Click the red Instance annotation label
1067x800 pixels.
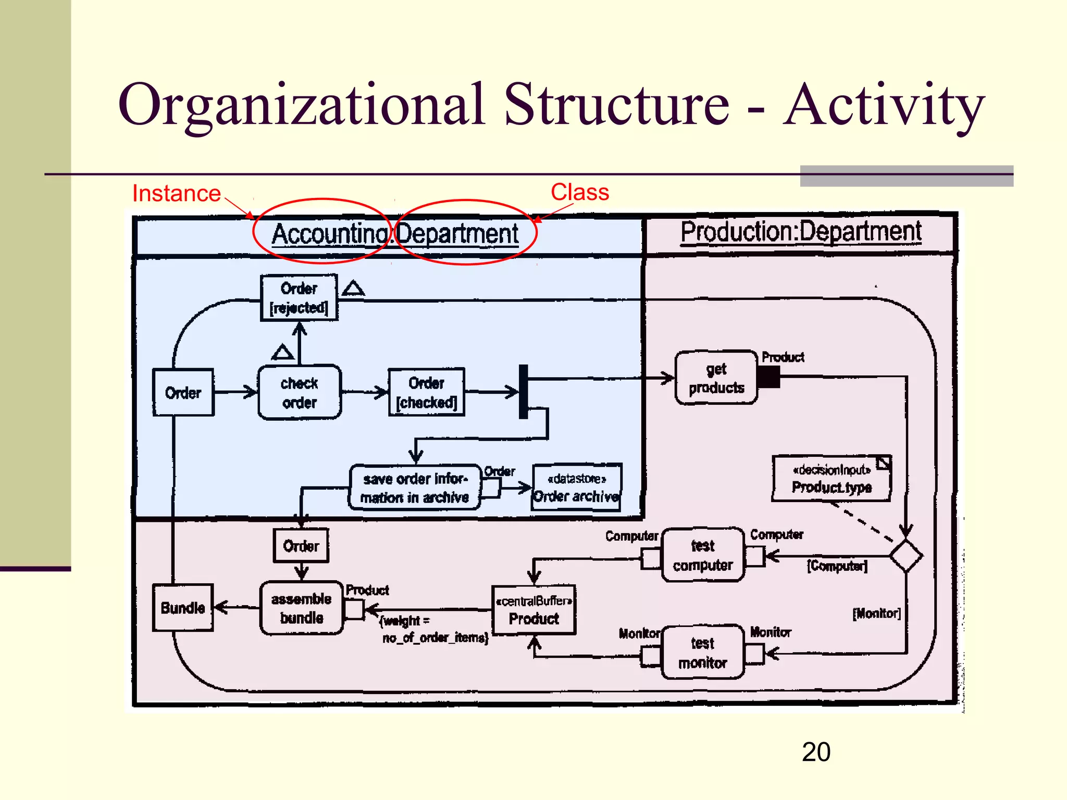tap(176, 194)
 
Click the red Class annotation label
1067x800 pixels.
tap(579, 192)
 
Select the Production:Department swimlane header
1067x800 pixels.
tap(801, 232)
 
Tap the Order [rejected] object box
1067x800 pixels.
tap(299, 298)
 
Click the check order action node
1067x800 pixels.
tap(300, 393)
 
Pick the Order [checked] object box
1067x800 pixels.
tap(426, 393)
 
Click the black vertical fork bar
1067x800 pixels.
tap(524, 392)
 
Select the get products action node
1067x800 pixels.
tap(716, 378)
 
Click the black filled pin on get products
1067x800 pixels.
tap(768, 377)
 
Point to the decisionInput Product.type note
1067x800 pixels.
tap(832, 479)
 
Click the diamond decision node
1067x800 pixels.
tap(906, 556)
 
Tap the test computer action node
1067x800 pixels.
tap(702, 555)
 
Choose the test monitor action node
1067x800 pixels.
tap(702, 653)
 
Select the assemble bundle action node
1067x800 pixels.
tap(302, 608)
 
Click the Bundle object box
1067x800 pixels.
tap(183, 608)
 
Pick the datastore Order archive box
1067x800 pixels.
tap(577, 488)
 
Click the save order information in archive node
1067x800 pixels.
tap(415, 488)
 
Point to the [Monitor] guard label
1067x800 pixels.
tap(876, 614)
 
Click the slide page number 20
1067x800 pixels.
tap(816, 752)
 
